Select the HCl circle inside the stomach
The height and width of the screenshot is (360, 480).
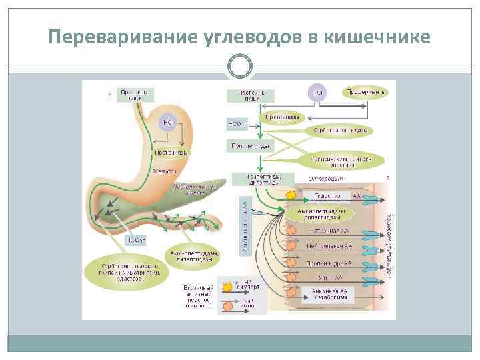coord(167,123)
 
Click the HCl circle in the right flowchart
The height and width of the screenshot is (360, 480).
coord(318,93)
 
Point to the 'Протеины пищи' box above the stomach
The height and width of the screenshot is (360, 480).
coord(135,95)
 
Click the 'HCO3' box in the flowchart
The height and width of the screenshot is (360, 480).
coord(237,123)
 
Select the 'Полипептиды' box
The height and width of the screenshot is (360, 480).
coord(251,145)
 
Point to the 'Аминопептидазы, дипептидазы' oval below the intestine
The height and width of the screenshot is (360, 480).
coord(193,257)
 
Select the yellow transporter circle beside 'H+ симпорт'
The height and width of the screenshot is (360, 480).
coord(227,287)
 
